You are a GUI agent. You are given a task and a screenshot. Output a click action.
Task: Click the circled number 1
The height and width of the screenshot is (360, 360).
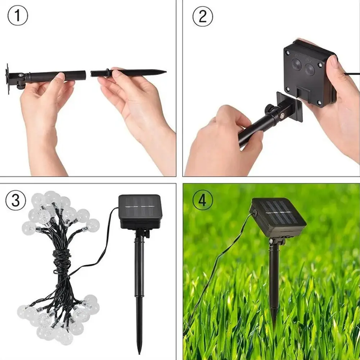tap(18, 15)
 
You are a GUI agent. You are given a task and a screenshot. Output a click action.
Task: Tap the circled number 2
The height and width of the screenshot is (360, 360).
tap(203, 17)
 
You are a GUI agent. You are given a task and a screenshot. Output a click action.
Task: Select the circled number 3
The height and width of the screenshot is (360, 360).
tap(15, 200)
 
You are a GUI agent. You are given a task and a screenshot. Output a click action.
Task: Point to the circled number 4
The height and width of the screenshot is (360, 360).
tap(202, 200)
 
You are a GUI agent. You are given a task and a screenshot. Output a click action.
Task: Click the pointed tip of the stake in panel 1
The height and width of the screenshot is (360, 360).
tap(165, 71)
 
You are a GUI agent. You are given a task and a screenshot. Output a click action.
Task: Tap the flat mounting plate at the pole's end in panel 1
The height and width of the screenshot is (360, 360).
tap(7, 79)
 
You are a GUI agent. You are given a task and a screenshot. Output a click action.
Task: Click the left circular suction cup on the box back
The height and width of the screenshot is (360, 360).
tap(297, 64)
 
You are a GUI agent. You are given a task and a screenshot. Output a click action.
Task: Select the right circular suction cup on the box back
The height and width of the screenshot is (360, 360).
tap(310, 69)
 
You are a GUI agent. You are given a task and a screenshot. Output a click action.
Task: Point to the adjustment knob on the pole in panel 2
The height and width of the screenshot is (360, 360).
tap(269, 109)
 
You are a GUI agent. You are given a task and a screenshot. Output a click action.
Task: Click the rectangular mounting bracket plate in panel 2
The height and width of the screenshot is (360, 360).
tap(290, 107)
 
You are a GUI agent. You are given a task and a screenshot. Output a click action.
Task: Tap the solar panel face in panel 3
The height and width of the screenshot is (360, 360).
tap(140, 206)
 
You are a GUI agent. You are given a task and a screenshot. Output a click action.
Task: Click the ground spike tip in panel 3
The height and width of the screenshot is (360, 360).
tap(139, 353)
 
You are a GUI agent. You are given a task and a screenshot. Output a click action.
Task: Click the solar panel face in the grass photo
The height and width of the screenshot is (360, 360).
tap(279, 213)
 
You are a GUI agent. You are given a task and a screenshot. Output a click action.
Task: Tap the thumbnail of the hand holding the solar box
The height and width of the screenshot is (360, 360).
tap(334, 61)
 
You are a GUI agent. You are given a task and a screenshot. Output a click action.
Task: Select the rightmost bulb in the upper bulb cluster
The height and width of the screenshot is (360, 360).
tap(93, 226)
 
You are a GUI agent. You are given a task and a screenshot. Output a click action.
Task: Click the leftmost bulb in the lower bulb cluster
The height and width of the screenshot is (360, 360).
tap(23, 312)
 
